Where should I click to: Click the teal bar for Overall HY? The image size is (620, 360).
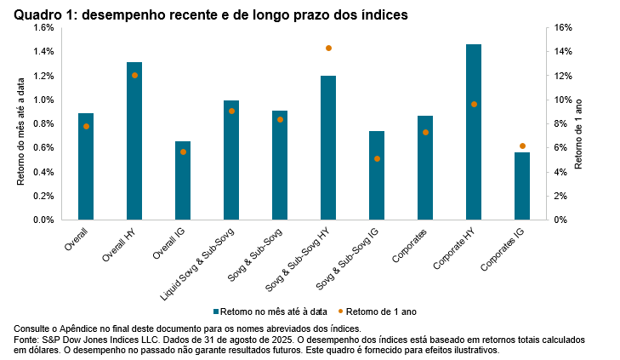(134, 140)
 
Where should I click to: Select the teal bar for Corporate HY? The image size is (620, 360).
(474, 132)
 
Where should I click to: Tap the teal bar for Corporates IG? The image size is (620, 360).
(522, 186)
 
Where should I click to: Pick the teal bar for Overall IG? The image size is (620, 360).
(183, 180)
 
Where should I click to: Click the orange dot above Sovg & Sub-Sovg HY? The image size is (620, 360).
(328, 49)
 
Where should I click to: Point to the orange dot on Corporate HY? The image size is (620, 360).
(474, 104)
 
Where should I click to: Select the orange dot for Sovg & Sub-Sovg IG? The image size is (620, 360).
(377, 158)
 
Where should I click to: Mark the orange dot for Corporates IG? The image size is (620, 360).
(522, 146)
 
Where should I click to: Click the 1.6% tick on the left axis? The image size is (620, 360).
(43, 27)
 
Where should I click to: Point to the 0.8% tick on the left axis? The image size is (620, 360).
(43, 123)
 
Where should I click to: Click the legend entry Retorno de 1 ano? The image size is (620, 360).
(384, 311)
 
